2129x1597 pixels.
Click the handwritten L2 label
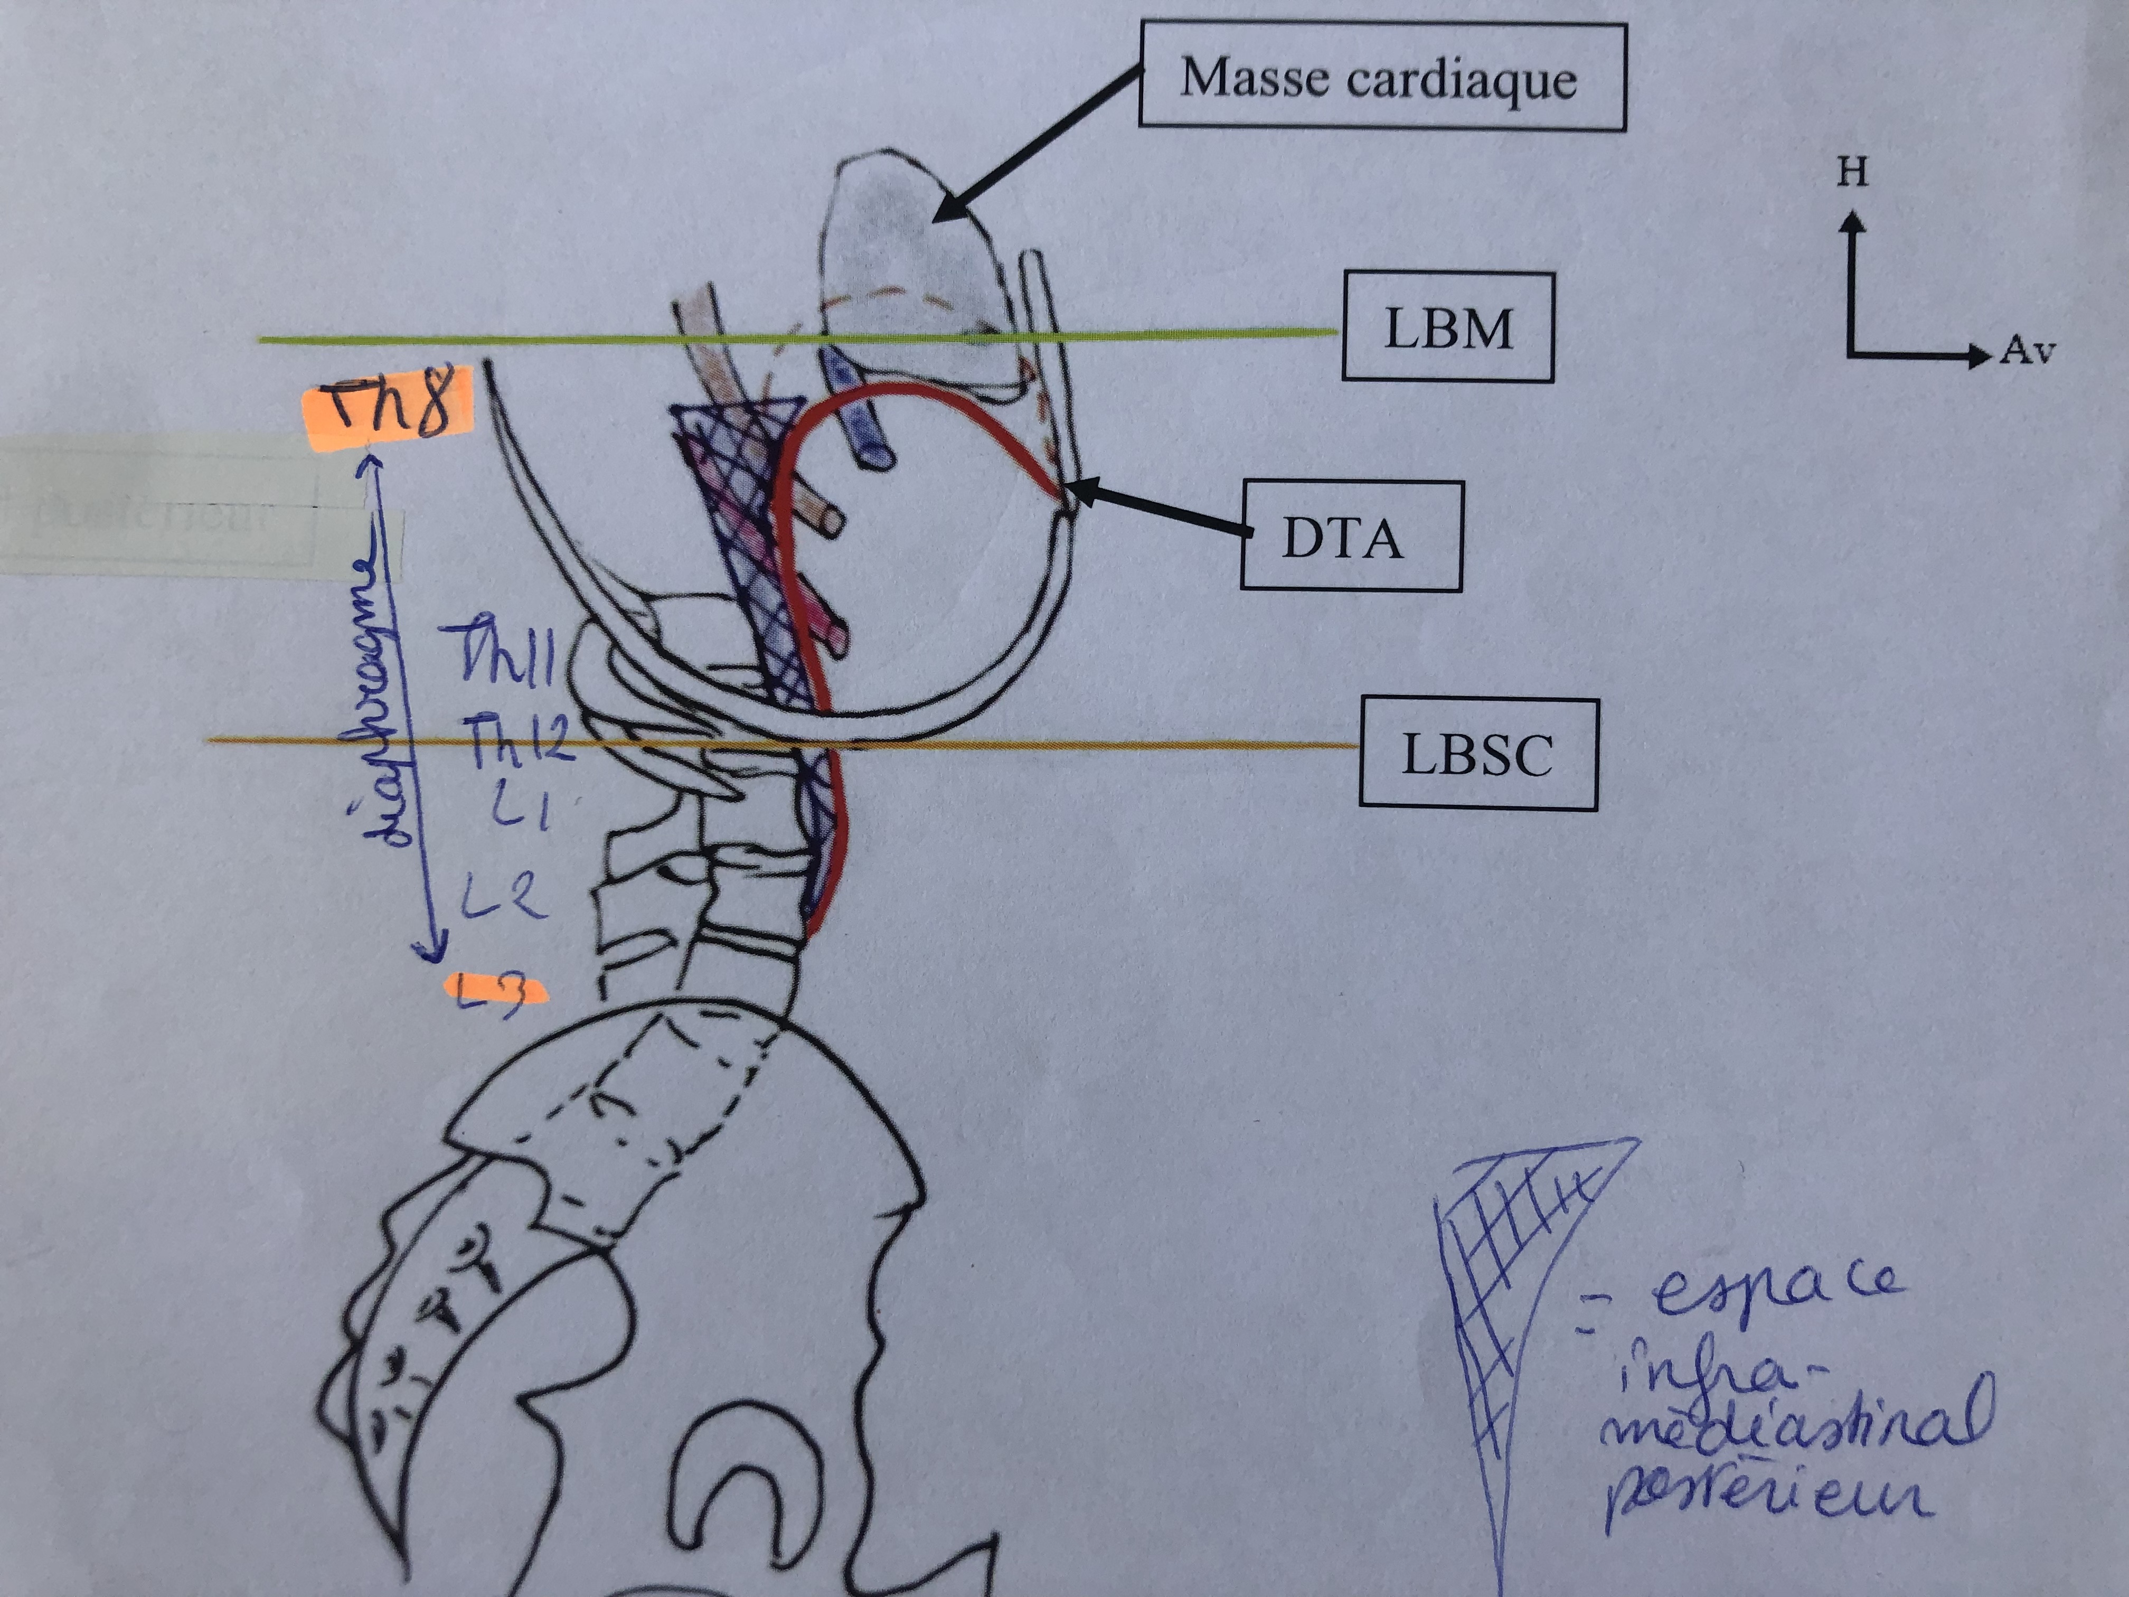pos(502,897)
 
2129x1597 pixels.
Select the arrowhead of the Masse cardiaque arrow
pos(948,209)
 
